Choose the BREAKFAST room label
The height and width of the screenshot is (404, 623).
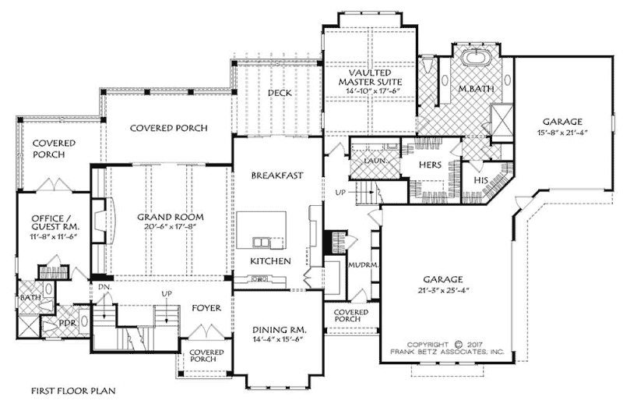(x=276, y=175)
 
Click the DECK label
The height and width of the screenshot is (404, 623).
(x=280, y=93)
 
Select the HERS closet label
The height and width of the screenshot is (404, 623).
(x=431, y=165)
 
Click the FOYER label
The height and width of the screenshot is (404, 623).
(x=207, y=308)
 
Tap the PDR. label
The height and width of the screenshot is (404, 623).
(x=67, y=321)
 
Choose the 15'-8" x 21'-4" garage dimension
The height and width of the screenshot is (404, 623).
(x=562, y=133)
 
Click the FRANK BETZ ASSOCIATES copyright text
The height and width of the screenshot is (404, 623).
(x=447, y=353)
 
